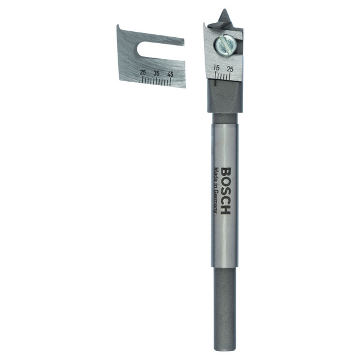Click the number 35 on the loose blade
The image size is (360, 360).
157,73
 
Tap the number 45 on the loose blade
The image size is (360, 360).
170,74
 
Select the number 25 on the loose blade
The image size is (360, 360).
143,73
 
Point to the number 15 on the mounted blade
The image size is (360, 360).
216,68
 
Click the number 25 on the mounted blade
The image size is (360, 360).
230,69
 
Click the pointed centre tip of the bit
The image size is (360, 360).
224,10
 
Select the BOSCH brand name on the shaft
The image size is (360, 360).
225,191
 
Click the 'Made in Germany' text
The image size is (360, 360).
215,190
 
